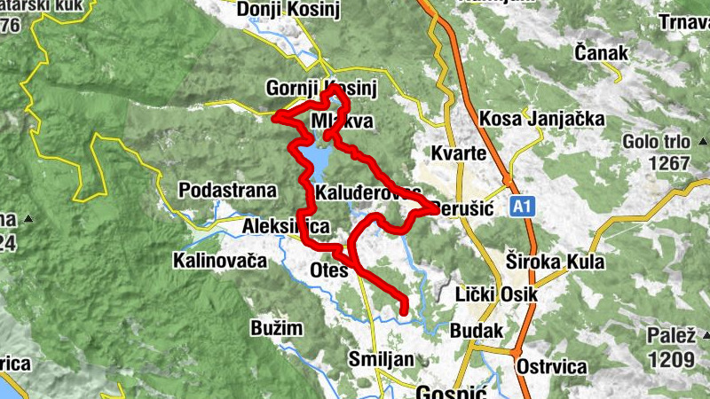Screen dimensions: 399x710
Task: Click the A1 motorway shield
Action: click(523, 207)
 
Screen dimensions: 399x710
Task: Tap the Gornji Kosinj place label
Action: click(321, 89)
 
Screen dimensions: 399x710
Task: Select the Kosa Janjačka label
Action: click(541, 119)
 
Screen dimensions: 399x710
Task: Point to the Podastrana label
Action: click(227, 190)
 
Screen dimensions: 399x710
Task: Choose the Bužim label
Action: click(276, 328)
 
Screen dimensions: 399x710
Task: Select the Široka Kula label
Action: click(555, 262)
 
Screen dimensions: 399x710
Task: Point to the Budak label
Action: click(477, 330)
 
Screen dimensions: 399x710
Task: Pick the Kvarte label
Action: click(458, 153)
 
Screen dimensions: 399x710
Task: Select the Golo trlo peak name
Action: click(655, 142)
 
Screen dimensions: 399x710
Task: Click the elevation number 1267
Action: click(668, 163)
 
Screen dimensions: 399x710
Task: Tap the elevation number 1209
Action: click(671, 359)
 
